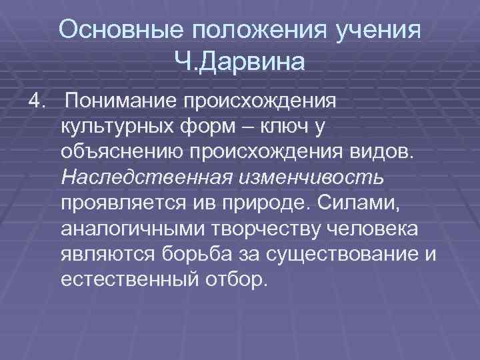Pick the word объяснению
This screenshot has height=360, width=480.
[122, 151]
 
